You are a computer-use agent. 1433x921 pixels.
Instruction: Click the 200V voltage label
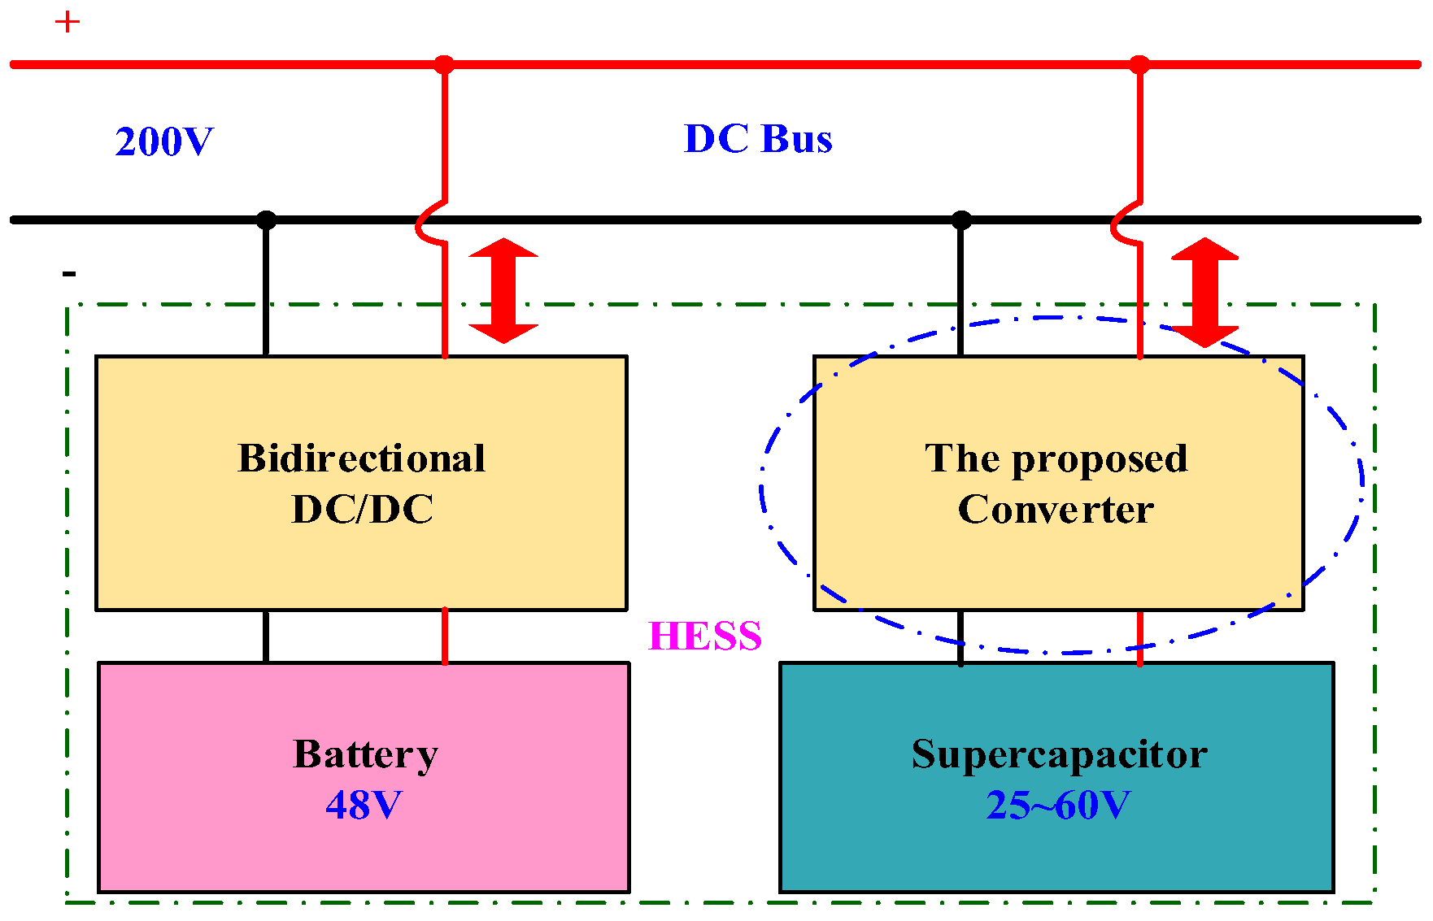[x=164, y=141]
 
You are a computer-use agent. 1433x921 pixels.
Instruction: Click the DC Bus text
[x=758, y=139]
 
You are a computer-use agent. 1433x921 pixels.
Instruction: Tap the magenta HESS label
[x=704, y=636]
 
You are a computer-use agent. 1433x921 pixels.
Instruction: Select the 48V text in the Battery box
[x=364, y=805]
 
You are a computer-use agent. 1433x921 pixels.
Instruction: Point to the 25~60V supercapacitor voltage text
[x=1058, y=805]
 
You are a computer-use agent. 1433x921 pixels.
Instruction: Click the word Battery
[x=365, y=754]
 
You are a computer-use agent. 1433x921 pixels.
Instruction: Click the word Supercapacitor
[x=1059, y=754]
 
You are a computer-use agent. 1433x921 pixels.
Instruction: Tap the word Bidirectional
[x=361, y=458]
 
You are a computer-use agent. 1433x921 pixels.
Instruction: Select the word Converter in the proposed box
[x=1056, y=510]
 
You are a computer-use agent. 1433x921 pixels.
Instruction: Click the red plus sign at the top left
[x=68, y=22]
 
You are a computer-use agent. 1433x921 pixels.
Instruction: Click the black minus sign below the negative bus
[x=69, y=274]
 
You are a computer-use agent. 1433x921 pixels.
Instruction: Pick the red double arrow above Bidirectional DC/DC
[x=503, y=290]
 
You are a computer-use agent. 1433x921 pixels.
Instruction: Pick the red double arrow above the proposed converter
[x=1204, y=292]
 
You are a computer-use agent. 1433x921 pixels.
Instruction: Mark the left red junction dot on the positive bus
[x=444, y=64]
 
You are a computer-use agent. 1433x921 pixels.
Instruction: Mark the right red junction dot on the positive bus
[x=1139, y=64]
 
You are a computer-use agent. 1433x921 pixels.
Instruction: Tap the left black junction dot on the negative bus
[x=266, y=219]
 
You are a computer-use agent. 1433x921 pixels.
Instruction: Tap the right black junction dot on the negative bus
[x=961, y=219]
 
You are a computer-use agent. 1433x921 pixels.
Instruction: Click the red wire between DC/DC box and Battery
[x=445, y=636]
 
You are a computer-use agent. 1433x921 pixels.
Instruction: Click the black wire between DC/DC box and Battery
[x=266, y=636]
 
